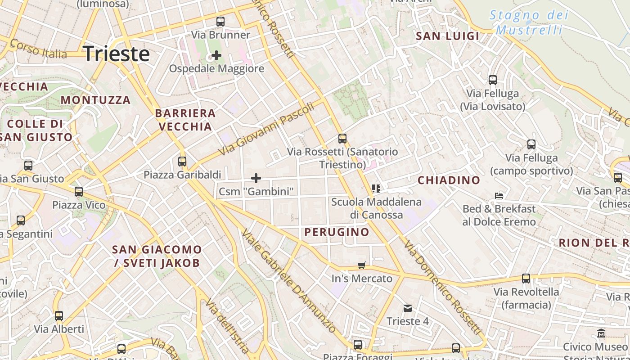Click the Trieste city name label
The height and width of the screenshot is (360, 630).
click(117, 54)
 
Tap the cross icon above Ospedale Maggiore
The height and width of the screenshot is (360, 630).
click(216, 55)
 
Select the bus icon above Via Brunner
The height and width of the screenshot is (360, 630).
click(220, 21)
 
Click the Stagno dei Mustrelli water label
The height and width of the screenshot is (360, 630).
click(529, 22)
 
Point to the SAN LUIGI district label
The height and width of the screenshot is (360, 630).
click(448, 36)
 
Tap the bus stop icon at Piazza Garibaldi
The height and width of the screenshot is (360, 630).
click(182, 161)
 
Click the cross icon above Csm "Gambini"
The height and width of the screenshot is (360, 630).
click(256, 178)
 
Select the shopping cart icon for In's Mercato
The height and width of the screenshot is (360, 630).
click(362, 265)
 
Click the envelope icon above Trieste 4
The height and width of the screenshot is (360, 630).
click(408, 308)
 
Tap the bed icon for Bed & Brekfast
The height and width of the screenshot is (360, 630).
click(499, 195)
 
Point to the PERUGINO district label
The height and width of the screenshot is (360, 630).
click(337, 232)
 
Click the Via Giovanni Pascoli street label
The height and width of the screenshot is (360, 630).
click(266, 129)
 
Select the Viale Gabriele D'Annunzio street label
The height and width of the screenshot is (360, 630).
click(288, 281)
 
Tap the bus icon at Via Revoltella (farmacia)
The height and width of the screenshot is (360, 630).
click(526, 278)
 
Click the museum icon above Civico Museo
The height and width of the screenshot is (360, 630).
click(601, 333)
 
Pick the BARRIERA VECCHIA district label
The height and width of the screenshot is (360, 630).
click(185, 120)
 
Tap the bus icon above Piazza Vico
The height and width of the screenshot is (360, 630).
click(79, 192)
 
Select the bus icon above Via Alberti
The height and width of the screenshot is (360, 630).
click(59, 315)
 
